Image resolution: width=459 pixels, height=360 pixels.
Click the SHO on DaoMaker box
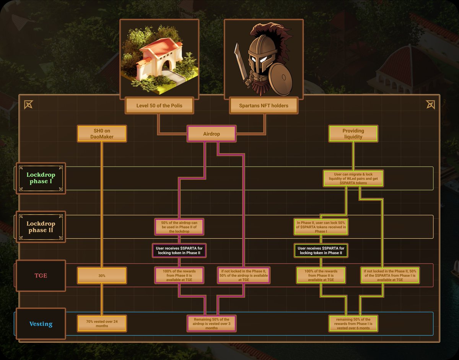click(x=102, y=134)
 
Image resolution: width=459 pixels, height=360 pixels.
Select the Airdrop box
click(x=212, y=134)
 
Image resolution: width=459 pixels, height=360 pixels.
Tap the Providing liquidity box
click(x=353, y=134)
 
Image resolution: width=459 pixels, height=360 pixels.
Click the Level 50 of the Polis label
click(x=159, y=106)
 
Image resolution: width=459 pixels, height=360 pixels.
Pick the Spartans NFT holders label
click(x=264, y=106)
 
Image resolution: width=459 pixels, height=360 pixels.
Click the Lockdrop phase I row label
click(x=41, y=178)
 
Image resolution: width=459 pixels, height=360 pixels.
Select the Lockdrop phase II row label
click(x=41, y=227)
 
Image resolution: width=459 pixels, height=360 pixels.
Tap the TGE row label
click(x=41, y=275)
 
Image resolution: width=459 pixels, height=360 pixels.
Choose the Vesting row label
click(x=41, y=324)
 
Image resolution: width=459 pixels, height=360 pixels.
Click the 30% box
click(x=102, y=275)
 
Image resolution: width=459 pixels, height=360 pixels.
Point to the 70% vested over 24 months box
click(x=102, y=324)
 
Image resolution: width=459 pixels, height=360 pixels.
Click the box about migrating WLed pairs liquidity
click(x=353, y=179)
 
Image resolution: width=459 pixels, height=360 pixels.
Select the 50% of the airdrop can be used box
click(x=179, y=227)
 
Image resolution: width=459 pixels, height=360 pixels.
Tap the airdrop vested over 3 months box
click(x=212, y=324)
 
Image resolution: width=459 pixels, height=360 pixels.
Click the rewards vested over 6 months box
click(x=353, y=324)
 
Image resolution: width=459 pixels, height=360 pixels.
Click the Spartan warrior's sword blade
click(x=240, y=61)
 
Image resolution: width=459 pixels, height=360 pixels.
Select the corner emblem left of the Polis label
click(x=29, y=104)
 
